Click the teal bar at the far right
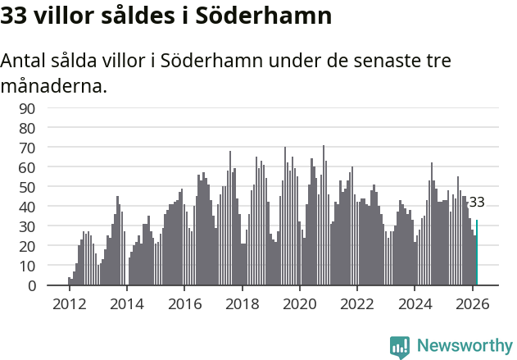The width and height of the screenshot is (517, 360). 477,253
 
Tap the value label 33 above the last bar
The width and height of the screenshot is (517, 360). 476,202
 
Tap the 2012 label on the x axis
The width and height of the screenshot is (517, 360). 69,303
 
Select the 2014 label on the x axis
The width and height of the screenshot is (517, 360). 126,303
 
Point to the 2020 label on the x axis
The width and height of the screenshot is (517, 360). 299,303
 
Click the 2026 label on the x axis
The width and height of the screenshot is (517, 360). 472,303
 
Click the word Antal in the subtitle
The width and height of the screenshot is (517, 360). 23,62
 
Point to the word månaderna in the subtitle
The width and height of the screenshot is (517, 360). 51,85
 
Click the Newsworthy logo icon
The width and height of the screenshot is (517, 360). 400,346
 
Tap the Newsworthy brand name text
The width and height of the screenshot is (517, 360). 464,346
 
